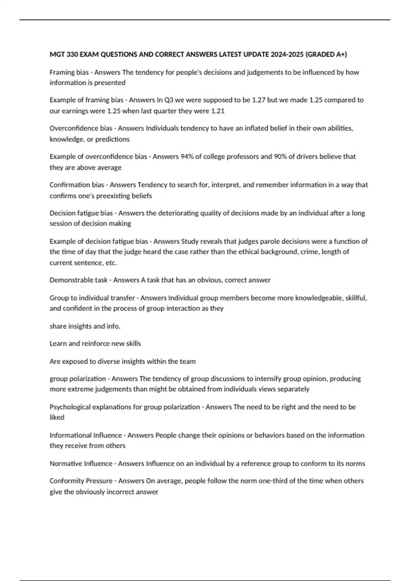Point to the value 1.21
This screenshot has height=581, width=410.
[x=218, y=111]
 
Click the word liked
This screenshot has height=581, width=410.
[x=57, y=418]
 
